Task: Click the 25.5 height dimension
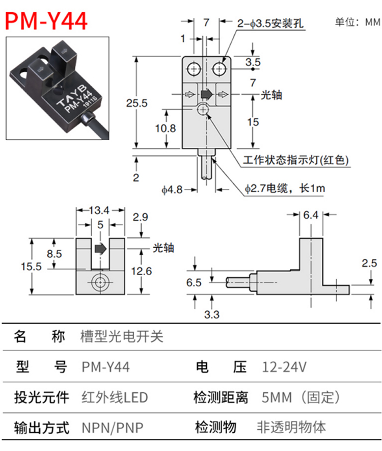coord(137,103)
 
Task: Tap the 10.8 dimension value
coord(166,128)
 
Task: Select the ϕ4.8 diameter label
coord(172,190)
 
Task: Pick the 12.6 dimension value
coord(141,271)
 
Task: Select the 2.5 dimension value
coord(369,263)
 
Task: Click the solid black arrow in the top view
coord(206,94)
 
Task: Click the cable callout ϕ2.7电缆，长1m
coord(285,189)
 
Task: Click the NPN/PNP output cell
coord(113,427)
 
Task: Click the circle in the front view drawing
coord(100,282)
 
